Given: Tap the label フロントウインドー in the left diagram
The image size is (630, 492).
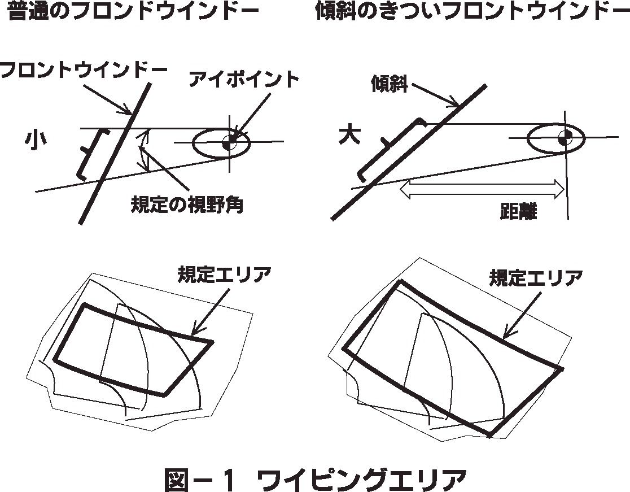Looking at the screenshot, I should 84,70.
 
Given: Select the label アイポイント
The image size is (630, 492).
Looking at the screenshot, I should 244,80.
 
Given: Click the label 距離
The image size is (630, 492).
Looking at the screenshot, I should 518,212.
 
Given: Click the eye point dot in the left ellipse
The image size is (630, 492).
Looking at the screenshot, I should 228,143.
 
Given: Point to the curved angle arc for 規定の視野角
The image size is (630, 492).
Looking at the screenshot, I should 146,150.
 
